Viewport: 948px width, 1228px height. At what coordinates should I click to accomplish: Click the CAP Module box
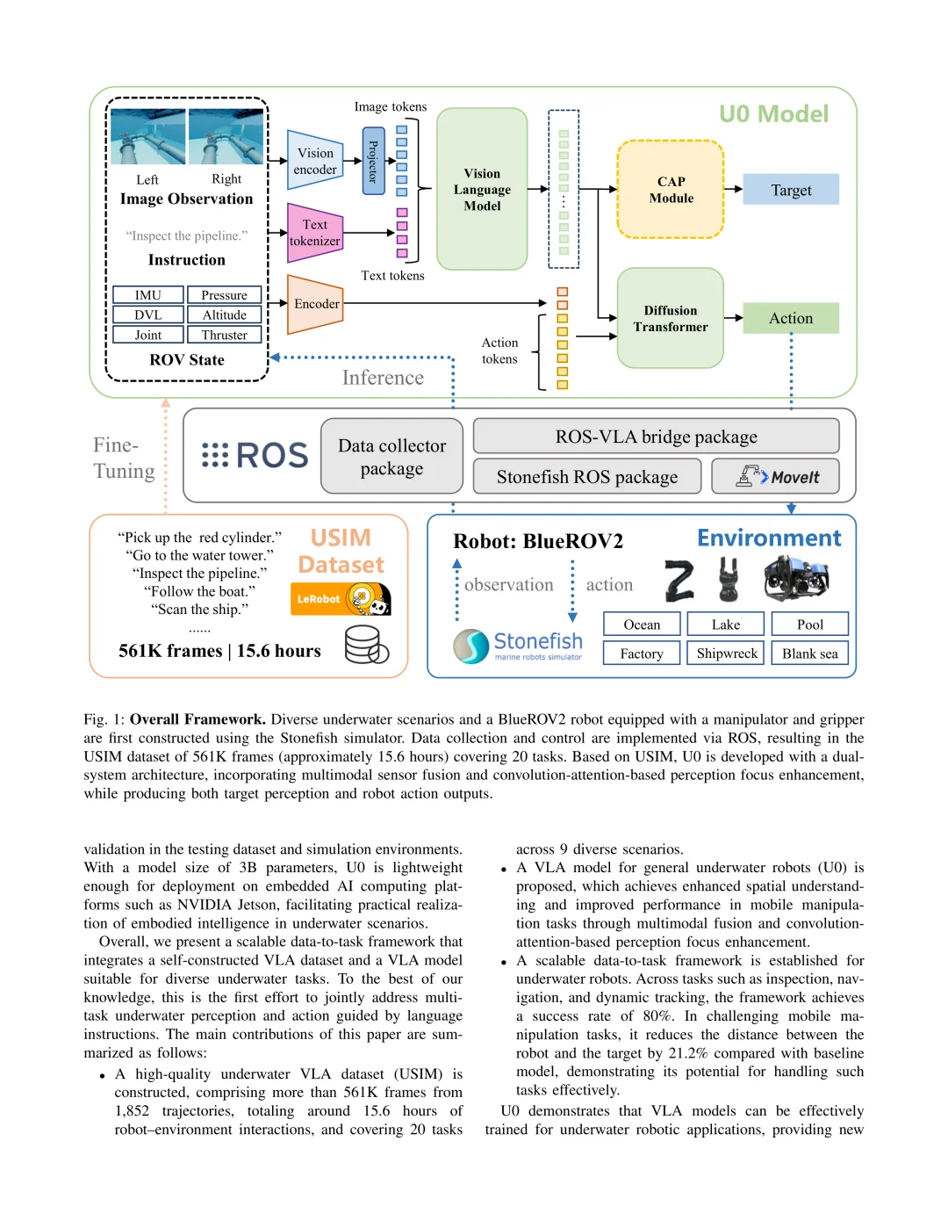671,190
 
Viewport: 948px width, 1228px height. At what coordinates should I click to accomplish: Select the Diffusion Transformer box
671,318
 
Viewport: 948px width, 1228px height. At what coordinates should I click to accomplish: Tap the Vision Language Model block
482,190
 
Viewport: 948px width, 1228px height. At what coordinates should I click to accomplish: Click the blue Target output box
791,190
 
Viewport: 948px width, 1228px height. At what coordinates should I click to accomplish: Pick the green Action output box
791,318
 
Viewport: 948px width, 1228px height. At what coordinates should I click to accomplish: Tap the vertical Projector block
373,161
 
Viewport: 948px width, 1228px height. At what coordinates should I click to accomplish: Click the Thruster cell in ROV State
225,335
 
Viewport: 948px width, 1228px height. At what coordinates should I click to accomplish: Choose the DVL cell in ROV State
148,314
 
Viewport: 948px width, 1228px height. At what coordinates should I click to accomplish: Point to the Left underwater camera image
147,137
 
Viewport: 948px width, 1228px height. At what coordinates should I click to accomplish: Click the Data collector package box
391,457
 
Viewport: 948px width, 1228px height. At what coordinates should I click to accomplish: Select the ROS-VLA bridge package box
656,437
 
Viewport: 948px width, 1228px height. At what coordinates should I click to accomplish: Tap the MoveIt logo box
775,476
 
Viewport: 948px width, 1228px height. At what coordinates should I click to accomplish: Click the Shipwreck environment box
727,654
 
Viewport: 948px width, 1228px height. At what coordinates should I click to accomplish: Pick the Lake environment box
726,625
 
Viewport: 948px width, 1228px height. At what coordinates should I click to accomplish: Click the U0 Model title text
773,114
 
